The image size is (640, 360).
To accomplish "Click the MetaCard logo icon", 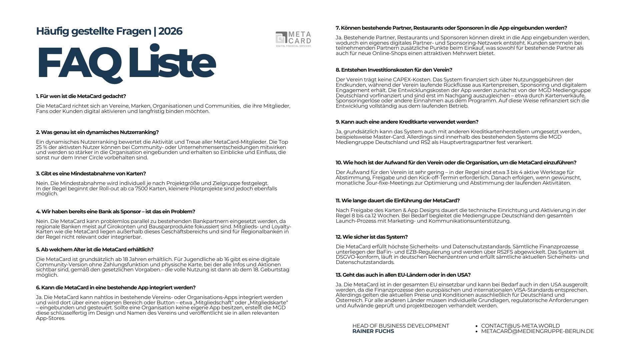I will click(x=281, y=37).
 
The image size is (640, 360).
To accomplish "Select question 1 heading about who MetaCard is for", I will click(x=81, y=96).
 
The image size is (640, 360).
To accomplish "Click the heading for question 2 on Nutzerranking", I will click(x=97, y=132).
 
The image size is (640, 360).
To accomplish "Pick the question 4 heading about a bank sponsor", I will click(x=115, y=212).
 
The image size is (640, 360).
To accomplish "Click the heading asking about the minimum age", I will click(x=95, y=250).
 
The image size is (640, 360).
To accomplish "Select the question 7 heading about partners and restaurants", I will click(x=451, y=28).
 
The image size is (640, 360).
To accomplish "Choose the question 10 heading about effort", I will click(x=456, y=163).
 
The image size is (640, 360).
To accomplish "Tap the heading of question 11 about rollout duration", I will click(x=398, y=201).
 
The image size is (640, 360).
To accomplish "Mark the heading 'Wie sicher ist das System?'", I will click(x=372, y=237).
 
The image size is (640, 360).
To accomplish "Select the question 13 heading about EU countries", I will click(x=403, y=275).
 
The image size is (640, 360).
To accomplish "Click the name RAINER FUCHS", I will click(x=373, y=331).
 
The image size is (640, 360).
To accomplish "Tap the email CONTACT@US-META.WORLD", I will click(x=520, y=326).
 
